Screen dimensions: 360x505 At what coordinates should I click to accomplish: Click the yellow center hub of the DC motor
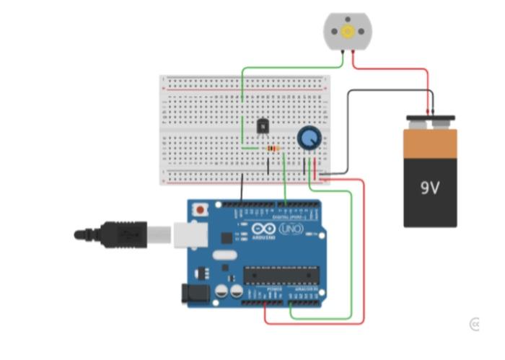point(348,31)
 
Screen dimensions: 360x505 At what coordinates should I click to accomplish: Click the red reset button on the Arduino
point(199,210)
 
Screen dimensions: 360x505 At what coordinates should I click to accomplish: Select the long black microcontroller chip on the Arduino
point(281,274)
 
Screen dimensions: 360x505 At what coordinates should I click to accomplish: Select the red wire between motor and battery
point(393,70)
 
